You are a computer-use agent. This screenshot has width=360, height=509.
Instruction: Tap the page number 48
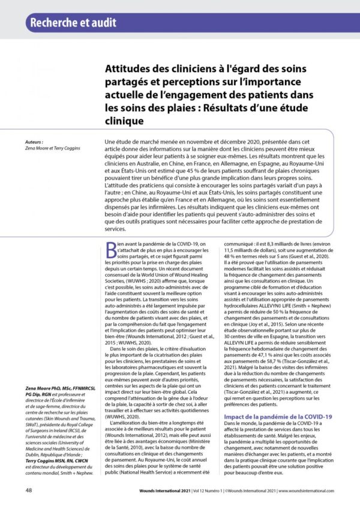coord(29,490)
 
